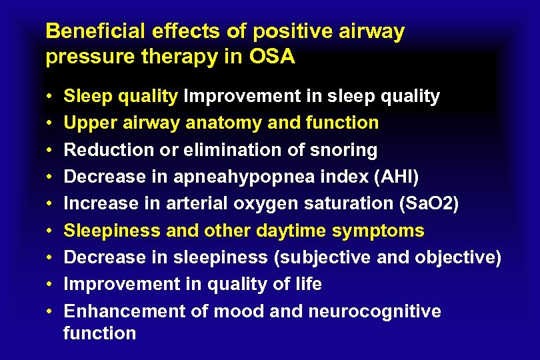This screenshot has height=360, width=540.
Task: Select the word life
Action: [307, 285]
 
